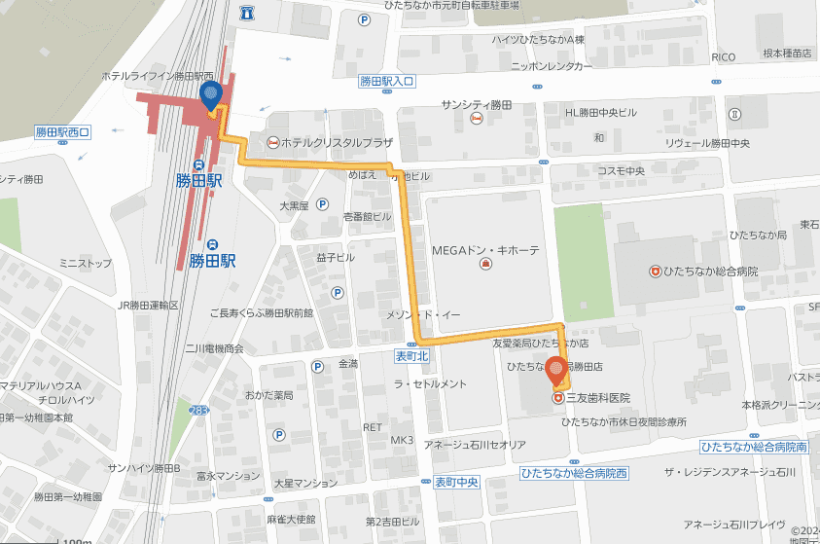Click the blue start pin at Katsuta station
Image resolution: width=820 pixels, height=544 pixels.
pos(211,94)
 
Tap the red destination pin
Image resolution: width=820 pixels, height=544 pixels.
pos(555,371)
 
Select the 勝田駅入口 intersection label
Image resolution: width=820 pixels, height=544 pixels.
pos(386,82)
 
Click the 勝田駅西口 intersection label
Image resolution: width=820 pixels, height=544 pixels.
pos(62,131)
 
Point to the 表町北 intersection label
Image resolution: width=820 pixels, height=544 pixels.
pos(411,356)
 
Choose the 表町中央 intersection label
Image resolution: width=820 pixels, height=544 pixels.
pos(456,482)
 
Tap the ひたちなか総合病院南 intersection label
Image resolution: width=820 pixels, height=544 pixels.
pos(754,447)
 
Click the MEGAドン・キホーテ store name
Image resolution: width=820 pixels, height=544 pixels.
pos(484,250)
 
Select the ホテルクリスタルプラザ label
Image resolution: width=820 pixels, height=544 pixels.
pos(337,142)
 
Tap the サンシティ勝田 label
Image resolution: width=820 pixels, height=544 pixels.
pos(476,104)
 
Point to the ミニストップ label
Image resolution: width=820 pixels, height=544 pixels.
pos(86,264)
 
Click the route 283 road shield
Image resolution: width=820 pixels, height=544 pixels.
pos(198,410)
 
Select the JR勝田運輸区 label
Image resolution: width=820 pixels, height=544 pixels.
pos(148,306)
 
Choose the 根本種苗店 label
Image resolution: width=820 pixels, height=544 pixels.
pos(787,54)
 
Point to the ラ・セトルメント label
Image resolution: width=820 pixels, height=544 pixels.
pos(430,384)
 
